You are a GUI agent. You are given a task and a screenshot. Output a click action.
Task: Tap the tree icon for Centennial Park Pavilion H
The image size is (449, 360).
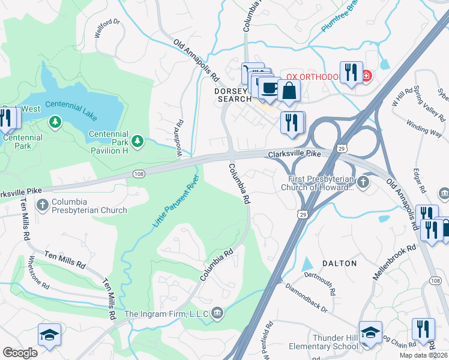coord(138,141)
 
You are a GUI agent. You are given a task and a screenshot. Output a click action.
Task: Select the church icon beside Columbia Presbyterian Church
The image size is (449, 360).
coord(42,206)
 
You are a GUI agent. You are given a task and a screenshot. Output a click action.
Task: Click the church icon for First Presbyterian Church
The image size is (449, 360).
coord(363,181)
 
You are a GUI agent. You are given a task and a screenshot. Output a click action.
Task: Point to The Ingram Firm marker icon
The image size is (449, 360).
coord(217,313)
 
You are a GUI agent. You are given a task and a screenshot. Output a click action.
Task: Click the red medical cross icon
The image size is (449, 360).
coord(366,76)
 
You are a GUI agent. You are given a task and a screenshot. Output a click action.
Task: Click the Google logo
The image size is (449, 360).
coord(20,353)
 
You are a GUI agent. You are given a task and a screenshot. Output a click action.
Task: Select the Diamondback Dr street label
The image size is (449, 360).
coord(307,298)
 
